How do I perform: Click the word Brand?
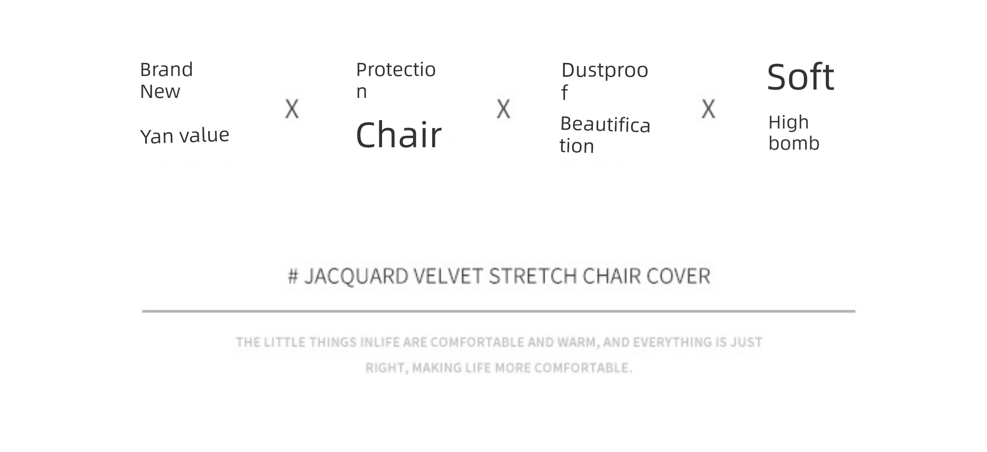[x=166, y=70]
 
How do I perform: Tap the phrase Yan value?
[x=185, y=136]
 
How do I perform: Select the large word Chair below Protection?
[x=399, y=135]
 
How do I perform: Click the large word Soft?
[x=800, y=77]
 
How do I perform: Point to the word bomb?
[x=794, y=143]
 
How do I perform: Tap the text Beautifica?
[x=605, y=125]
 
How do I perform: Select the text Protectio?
[x=396, y=70]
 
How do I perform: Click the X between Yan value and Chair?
[x=292, y=109]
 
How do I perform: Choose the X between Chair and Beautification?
[x=503, y=109]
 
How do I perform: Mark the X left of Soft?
[x=708, y=109]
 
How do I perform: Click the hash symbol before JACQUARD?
[x=293, y=276]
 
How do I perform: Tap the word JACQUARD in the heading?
[x=356, y=277]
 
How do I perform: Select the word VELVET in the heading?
[x=449, y=276]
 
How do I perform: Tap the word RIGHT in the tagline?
[x=386, y=368]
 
